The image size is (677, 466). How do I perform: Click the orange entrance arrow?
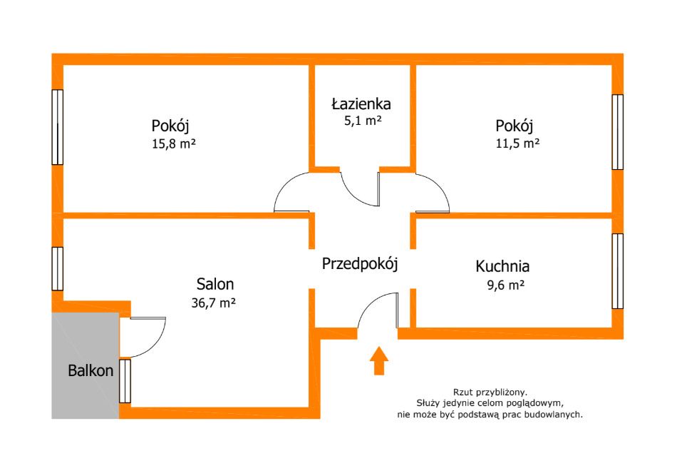[x=379, y=360]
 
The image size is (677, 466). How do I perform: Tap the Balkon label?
[x=91, y=370]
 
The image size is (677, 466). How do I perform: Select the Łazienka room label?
[x=361, y=103]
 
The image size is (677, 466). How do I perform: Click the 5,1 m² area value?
[x=363, y=121]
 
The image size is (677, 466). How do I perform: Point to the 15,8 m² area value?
[x=174, y=143]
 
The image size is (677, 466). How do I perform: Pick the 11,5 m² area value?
[x=517, y=143]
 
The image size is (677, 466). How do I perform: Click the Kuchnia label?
[x=502, y=266]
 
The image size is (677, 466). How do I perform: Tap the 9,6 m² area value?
[x=506, y=285]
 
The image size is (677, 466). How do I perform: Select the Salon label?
[x=215, y=284]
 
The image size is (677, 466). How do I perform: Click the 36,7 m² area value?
[x=213, y=303]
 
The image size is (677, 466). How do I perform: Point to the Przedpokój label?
[x=360, y=264]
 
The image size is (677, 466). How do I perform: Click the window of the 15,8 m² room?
[x=58, y=127]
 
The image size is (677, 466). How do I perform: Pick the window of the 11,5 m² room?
[x=617, y=132]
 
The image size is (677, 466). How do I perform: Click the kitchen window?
[x=617, y=271]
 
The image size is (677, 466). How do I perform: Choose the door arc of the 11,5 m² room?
[x=439, y=184]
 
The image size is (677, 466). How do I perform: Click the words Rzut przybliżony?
[x=490, y=392]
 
